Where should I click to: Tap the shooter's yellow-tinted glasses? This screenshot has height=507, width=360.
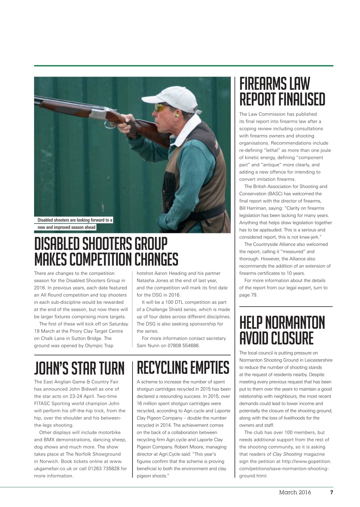[161, 107]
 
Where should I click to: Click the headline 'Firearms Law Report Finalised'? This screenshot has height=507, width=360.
[282, 91]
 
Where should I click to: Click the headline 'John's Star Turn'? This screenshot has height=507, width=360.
[79, 368]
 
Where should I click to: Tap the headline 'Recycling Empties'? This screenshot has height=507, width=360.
[183, 368]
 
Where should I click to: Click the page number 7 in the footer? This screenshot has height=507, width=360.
[331, 493]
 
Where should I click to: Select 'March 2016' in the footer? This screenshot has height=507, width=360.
[295, 493]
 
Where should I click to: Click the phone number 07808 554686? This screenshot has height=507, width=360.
[183, 346]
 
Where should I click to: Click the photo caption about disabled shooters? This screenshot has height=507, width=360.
[75, 223]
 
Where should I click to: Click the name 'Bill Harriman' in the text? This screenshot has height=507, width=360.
[255, 208]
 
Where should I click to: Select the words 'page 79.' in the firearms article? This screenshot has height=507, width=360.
[249, 295]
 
